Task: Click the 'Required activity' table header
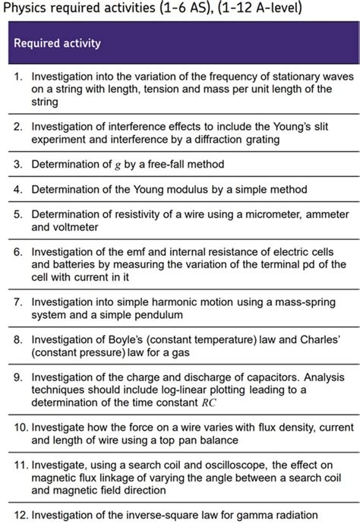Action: point(57,43)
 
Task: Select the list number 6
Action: point(20,251)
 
